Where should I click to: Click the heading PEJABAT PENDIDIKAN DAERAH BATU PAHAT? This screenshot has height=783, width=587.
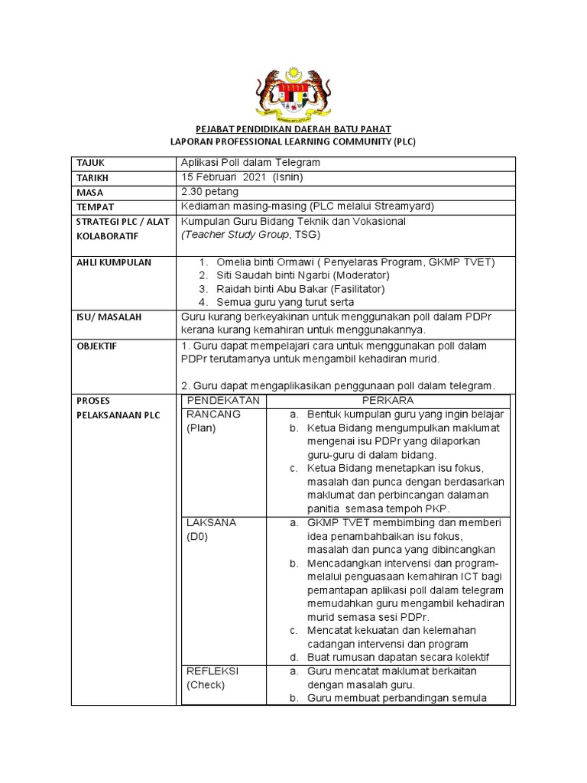(293, 131)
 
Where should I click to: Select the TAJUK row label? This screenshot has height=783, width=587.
(89, 164)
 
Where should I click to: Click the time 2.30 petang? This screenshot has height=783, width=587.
(210, 192)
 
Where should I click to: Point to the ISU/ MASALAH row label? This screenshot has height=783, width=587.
(109, 317)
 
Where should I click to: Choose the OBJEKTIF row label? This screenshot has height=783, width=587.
(97, 346)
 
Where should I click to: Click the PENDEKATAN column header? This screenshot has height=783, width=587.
(223, 401)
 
